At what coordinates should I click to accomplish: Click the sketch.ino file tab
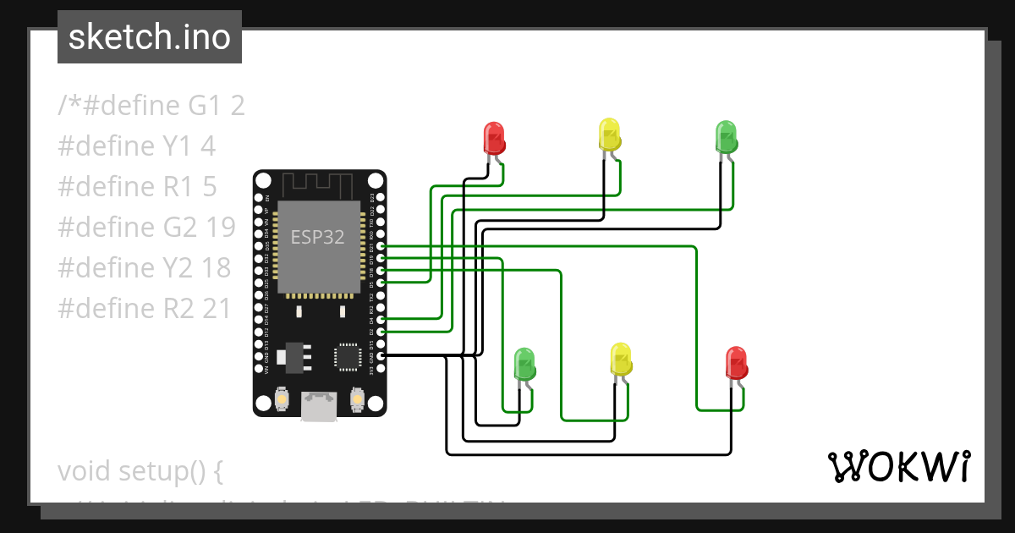150,37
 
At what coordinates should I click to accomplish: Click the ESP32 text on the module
317,237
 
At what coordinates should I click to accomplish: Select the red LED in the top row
493,136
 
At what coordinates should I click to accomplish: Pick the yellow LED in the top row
608,135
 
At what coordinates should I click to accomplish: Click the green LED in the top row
725,135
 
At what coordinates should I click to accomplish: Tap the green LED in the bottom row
524,364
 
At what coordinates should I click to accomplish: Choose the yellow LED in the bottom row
621,360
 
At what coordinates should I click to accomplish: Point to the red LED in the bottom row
736,363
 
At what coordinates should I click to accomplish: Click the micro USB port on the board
319,406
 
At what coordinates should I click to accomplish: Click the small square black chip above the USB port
348,356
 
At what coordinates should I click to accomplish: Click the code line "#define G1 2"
151,106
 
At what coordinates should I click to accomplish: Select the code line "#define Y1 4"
137,146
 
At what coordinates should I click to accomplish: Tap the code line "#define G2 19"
146,228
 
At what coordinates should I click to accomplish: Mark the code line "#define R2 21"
145,309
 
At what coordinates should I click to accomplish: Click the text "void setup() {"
140,471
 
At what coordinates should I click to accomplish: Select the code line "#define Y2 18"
145,268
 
